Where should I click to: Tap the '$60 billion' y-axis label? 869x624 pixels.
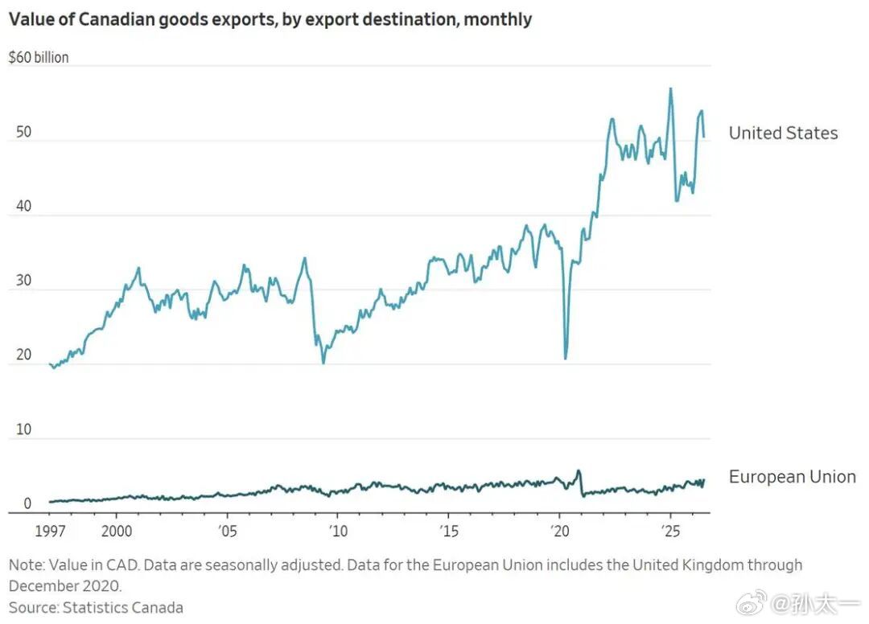tap(39, 58)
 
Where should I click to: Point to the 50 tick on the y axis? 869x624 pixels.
tap(24, 132)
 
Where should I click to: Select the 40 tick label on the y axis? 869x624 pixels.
tap(24, 206)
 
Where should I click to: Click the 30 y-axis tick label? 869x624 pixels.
tap(24, 280)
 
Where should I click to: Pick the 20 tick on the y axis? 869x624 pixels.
tap(24, 355)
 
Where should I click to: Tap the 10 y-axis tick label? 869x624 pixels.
tap(24, 429)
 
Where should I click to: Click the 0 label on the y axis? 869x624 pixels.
tap(27, 503)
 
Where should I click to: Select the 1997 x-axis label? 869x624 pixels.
tap(51, 532)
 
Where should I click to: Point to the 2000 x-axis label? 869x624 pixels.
tap(117, 532)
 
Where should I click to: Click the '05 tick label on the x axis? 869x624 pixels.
tap(227, 532)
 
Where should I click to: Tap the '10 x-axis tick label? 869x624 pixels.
tap(338, 532)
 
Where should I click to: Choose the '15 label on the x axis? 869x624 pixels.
tap(449, 532)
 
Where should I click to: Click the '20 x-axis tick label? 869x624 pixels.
tap(560, 532)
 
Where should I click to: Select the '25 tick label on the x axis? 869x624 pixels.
tap(670, 532)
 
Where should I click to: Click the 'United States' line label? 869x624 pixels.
tap(783, 133)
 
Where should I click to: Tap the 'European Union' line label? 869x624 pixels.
tap(793, 477)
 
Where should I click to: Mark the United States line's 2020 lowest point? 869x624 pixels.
tap(566, 359)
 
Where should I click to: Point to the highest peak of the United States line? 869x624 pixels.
tap(670, 88)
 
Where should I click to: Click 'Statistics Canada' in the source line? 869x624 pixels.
tap(122, 607)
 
